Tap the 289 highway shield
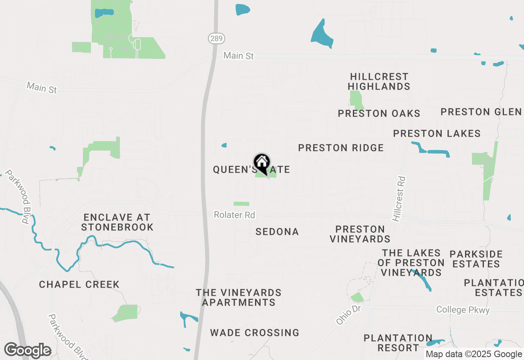(x=216, y=39)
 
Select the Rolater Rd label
(x=234, y=215)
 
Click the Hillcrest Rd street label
(x=399, y=199)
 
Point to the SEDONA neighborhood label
(x=277, y=232)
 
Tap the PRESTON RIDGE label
(x=341, y=148)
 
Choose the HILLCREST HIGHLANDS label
(x=379, y=81)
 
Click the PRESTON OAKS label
(x=379, y=113)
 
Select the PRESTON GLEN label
(x=481, y=112)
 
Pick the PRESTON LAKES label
(x=437, y=133)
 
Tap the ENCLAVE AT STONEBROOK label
(x=117, y=222)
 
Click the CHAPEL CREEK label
(x=79, y=284)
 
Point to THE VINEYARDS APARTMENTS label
(x=239, y=297)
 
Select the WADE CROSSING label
(x=255, y=333)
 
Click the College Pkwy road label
(x=463, y=310)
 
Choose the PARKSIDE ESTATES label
(x=476, y=259)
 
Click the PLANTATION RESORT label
(x=398, y=343)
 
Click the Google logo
(x=28, y=350)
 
